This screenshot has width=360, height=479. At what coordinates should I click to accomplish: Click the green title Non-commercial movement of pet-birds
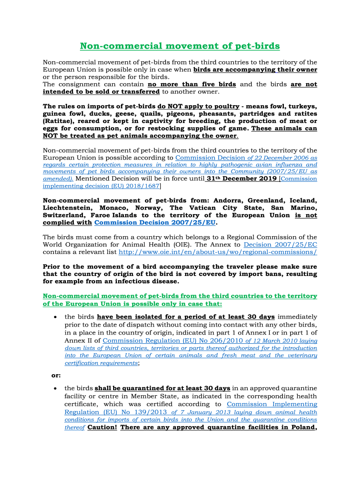click(180, 46)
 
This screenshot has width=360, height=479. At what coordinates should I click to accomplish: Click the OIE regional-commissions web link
click(218, 252)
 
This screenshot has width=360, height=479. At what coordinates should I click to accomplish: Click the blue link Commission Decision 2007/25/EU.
click(155, 223)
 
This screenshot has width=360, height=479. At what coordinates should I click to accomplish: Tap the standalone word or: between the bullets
click(56, 375)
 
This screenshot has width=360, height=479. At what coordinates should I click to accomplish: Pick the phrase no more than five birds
click(192, 84)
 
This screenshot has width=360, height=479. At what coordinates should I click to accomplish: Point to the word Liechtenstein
click(67, 208)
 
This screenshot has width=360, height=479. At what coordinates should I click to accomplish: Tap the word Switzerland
click(64, 215)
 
